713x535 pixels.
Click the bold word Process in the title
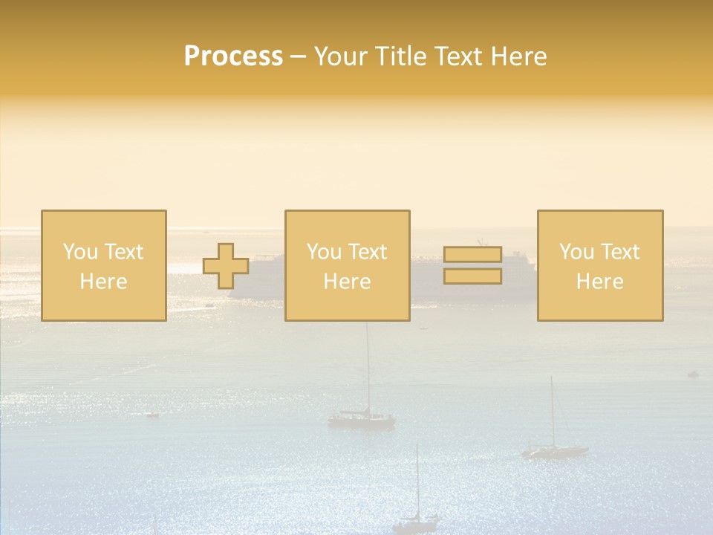(233, 56)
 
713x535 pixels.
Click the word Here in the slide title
(520, 56)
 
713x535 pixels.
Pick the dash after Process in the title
(299, 57)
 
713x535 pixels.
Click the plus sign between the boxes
(226, 266)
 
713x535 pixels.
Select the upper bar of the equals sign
(472, 255)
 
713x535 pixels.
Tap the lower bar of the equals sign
(472, 276)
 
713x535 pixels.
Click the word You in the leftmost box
(80, 252)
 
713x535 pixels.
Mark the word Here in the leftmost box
(103, 282)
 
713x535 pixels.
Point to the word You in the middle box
(324, 252)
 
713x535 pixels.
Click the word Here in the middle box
(347, 282)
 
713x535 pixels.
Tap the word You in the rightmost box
(576, 252)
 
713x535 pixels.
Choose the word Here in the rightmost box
(599, 282)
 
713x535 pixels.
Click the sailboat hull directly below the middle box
(362, 420)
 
